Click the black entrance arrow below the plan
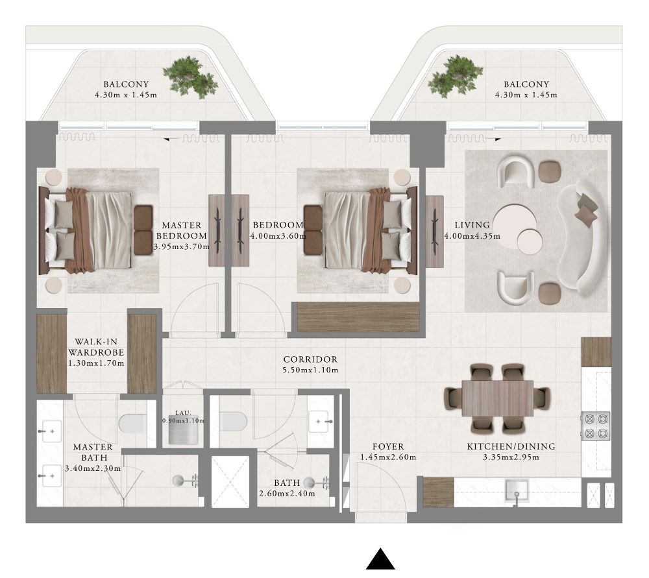[380, 559]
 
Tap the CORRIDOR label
[310, 359]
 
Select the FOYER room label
[388, 446]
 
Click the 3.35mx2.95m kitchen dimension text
[511, 457]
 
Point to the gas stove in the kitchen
[596, 426]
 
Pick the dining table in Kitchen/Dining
[497, 398]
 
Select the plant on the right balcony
[456, 77]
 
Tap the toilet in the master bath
[132, 423]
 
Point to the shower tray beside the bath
[230, 481]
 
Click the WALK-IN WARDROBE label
[96, 347]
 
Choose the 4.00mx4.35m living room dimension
[472, 236]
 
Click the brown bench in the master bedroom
[143, 230]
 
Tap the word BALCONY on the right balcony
[526, 84]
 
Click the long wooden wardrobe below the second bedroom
[359, 317]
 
